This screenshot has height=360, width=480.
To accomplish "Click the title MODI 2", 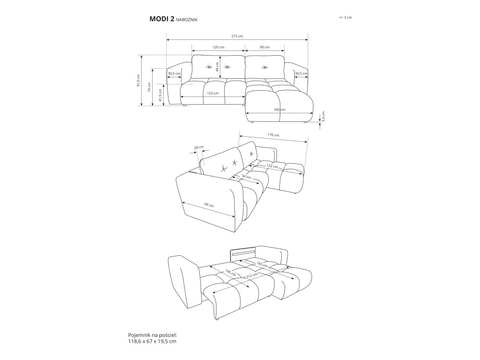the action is click(162, 19).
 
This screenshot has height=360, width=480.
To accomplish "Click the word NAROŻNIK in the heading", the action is click(187, 20).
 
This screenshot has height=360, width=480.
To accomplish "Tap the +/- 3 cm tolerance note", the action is click(345, 17).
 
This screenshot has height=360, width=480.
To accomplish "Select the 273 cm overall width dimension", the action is click(237, 36).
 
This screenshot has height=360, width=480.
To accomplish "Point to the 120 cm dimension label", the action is click(218, 47).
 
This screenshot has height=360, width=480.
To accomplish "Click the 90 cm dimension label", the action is click(264, 47).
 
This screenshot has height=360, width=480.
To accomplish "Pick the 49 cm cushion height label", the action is click(217, 67).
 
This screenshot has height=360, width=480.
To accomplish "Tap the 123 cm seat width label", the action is click(213, 93).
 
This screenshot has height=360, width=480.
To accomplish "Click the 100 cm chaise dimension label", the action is click(279, 109).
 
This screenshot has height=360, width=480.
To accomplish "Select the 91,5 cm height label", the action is click(138, 81).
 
